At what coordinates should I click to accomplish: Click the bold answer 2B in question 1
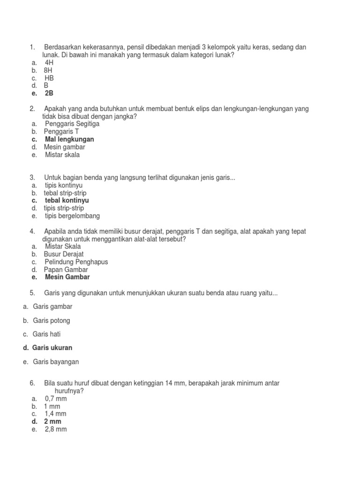(x=49, y=93)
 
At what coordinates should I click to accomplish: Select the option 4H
(x=49, y=62)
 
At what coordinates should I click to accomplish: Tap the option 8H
(x=49, y=70)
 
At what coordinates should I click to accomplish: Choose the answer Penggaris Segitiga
(x=72, y=124)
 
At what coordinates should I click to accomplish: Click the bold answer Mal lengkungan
(x=69, y=139)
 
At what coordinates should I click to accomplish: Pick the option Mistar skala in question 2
(x=62, y=155)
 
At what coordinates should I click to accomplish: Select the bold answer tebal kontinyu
(x=67, y=200)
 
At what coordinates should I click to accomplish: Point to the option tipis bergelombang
(x=72, y=216)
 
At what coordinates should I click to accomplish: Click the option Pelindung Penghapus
(x=76, y=262)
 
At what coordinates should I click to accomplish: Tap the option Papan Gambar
(x=66, y=270)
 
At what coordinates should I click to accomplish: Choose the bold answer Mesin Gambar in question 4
(x=67, y=277)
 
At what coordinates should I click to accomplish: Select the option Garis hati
(x=47, y=334)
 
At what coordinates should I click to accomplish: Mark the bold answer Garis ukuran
(x=52, y=348)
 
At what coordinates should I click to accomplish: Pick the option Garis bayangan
(x=56, y=362)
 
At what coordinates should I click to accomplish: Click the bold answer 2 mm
(x=52, y=421)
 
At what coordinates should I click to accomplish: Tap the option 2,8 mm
(x=56, y=429)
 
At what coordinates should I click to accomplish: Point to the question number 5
(x=32, y=293)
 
